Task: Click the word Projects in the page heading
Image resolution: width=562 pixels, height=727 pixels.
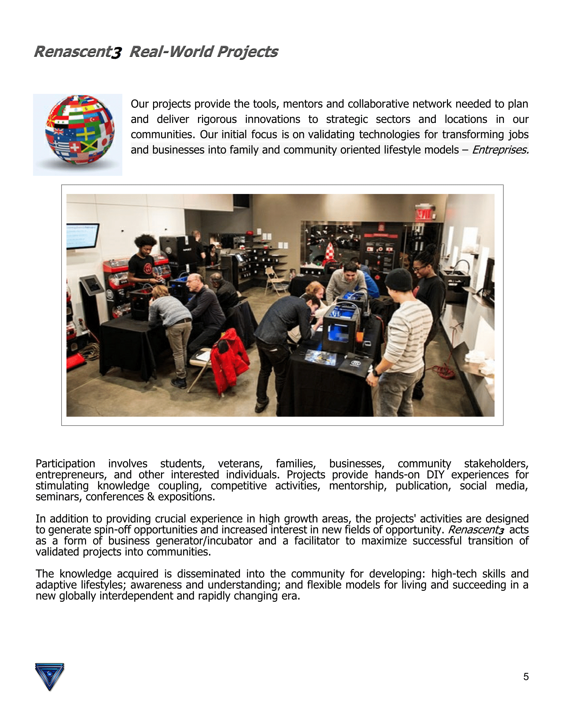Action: [248, 52]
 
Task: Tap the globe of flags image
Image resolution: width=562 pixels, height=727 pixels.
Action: [80, 130]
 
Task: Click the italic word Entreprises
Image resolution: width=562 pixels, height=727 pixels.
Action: [500, 150]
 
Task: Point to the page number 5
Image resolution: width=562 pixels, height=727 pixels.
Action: [526, 677]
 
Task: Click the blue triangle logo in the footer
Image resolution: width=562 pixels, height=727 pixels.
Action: [49, 676]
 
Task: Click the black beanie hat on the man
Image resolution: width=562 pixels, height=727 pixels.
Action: [399, 279]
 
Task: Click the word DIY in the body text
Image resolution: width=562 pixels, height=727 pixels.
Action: [435, 475]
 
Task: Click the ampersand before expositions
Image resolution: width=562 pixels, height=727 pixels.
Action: [151, 497]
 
